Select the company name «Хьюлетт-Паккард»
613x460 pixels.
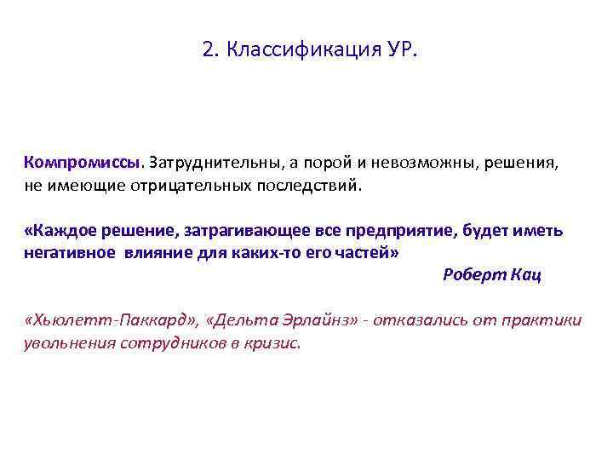tap(113, 320)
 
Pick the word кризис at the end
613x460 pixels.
tap(274, 343)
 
